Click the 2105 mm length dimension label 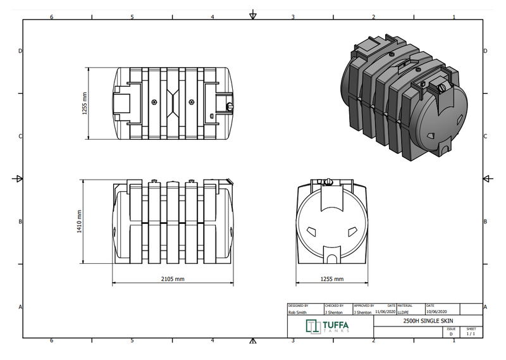pyautogui.click(x=172, y=279)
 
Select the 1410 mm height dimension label pyautogui.click(x=80, y=221)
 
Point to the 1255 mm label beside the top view pyautogui.click(x=84, y=103)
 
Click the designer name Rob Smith pyautogui.click(x=299, y=312)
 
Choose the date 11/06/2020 pyautogui.click(x=385, y=312)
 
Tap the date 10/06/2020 pyautogui.click(x=437, y=312)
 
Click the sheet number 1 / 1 pyautogui.click(x=471, y=334)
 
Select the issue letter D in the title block pyautogui.click(x=451, y=334)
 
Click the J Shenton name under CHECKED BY pyautogui.click(x=334, y=312)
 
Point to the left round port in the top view pyautogui.click(x=155, y=102)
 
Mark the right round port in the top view pyautogui.click(x=192, y=102)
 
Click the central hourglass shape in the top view pyautogui.click(x=173, y=102)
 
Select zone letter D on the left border pyautogui.click(x=22, y=51)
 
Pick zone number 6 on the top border pyautogui.click(x=51, y=16)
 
